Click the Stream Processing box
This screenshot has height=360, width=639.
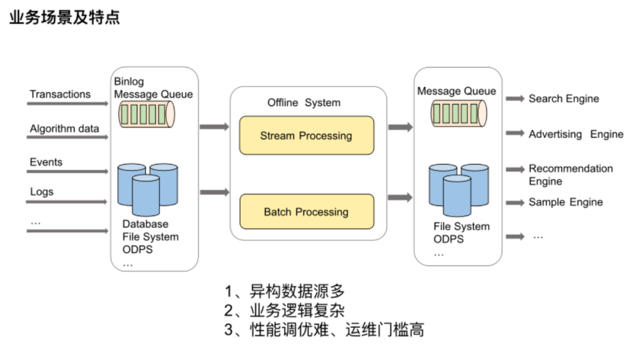[306, 136]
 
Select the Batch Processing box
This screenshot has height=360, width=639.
[306, 212]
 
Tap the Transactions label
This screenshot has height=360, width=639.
[60, 94]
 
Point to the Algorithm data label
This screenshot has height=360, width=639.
[64, 128]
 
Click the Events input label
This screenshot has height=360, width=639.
[46, 162]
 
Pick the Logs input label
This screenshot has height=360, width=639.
[41, 191]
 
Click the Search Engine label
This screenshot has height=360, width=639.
[564, 99]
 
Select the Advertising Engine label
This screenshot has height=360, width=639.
[576, 134]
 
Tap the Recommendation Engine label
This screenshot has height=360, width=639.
[570, 175]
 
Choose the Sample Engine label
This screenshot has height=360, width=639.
[566, 202]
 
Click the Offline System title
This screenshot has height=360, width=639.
[304, 102]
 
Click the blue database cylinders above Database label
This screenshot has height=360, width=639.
[147, 188]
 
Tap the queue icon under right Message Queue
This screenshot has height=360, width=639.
[459, 113]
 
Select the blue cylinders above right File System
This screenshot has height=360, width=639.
[459, 189]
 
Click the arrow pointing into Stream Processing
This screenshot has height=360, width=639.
[214, 127]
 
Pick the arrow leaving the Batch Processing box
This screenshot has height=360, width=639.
[401, 197]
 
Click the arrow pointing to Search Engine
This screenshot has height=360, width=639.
[515, 99]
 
